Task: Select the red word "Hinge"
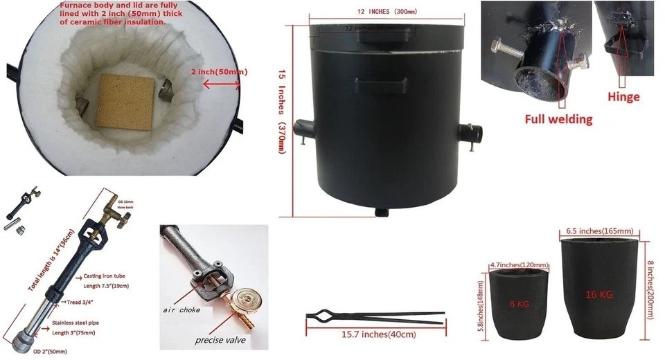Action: [x=623, y=97]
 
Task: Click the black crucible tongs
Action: [x=374, y=318]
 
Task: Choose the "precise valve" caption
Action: [x=222, y=339]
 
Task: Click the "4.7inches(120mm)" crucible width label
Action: [x=519, y=265]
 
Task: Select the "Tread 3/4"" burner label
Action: [x=85, y=302]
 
